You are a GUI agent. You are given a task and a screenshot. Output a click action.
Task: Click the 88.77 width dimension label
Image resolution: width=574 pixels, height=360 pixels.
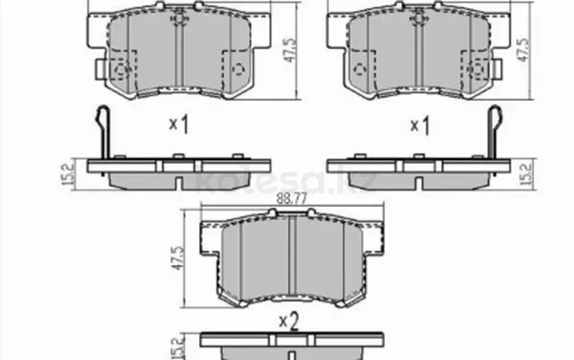292,199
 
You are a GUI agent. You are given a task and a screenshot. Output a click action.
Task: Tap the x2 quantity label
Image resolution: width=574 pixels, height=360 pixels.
289,322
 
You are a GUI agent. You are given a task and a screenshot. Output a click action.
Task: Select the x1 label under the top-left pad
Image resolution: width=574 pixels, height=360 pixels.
179,124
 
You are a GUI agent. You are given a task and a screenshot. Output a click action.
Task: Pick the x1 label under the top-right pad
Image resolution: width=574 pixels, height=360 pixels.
420,126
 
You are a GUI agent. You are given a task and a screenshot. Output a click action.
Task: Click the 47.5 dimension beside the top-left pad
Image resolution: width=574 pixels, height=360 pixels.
291,50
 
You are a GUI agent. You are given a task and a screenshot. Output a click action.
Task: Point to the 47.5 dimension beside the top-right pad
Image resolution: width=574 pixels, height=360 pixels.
523,50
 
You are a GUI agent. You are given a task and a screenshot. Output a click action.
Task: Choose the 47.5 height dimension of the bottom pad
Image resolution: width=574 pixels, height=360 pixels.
178,258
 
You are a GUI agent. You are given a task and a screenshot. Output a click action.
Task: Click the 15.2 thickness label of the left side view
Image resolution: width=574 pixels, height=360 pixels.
68,174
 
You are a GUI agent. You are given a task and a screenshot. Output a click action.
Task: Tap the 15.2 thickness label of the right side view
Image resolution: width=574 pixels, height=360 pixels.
527,175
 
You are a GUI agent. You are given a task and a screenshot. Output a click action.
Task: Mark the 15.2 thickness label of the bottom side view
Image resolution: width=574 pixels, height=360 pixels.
177,348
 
